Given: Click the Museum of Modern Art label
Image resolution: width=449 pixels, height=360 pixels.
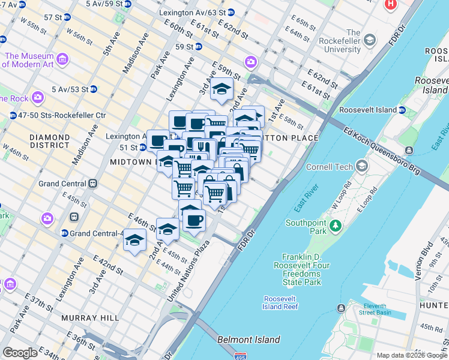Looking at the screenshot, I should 28,60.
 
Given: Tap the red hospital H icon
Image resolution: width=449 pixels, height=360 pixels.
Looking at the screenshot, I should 391,4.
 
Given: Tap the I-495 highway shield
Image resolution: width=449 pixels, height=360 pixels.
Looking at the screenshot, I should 241,356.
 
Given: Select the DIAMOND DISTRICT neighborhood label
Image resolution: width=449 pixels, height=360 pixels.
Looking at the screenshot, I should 50,142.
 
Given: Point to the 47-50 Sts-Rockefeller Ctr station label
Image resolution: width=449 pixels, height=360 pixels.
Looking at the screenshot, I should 62,115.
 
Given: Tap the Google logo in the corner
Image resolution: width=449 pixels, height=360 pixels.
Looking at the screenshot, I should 20,353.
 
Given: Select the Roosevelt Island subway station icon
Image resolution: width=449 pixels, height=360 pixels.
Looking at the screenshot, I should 402,110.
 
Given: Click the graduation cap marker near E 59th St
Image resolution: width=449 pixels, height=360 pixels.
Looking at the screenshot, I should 221,89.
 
